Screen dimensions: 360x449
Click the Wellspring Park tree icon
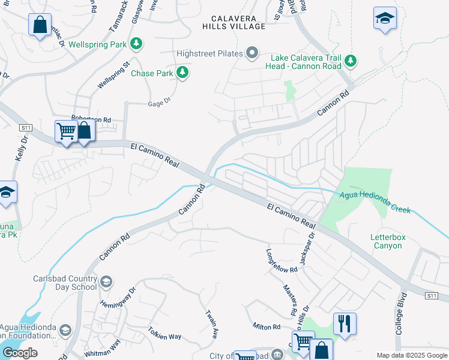click(137, 44)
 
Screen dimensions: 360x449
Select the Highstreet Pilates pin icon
click(253, 54)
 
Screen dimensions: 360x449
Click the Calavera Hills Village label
click(234, 22)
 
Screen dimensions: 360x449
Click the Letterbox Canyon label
click(388, 241)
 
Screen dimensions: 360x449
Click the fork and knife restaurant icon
click(345, 323)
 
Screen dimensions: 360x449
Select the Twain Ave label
click(211, 325)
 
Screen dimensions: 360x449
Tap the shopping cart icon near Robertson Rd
click(65, 131)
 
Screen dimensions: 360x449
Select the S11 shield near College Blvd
click(431, 296)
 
